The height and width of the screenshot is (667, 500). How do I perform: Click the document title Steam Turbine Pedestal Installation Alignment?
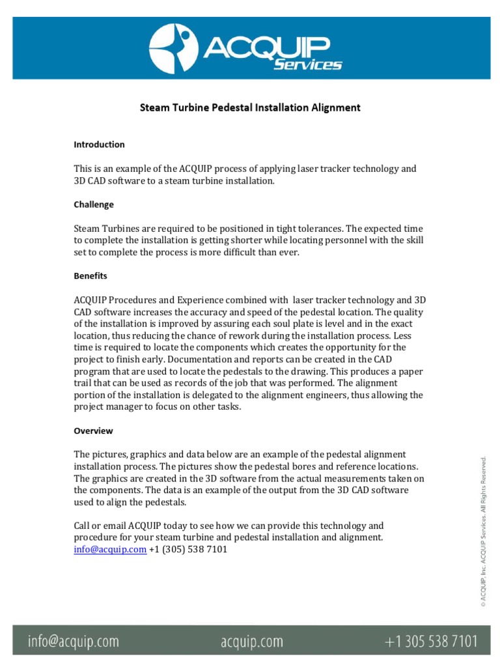pos(250,107)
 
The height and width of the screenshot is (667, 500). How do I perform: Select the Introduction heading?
pos(99,145)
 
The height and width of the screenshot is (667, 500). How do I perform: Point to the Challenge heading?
pos(94,205)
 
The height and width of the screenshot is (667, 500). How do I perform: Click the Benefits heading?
pos(90,276)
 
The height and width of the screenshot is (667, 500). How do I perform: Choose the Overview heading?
pos(93,431)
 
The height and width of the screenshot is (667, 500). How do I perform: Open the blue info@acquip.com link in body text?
pos(109,549)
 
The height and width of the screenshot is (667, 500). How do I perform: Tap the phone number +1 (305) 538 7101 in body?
pos(188,549)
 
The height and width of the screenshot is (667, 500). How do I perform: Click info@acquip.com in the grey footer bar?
pos(73,642)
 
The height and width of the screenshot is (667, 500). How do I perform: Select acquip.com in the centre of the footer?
pos(251,642)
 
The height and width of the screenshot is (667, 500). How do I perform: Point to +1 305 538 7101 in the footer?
pos(430,642)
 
